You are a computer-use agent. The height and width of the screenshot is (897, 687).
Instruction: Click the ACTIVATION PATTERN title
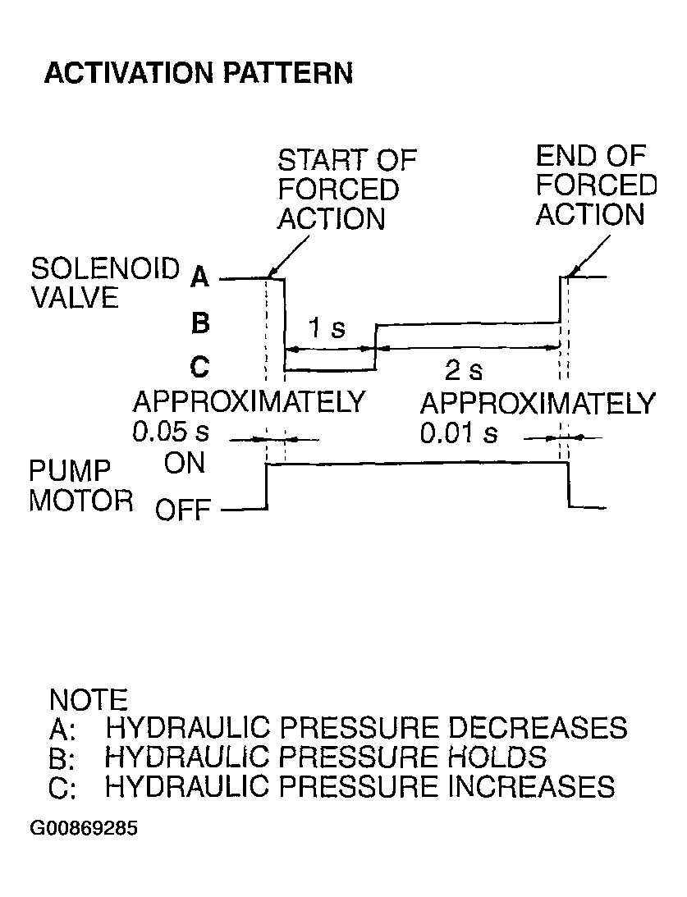tap(199, 73)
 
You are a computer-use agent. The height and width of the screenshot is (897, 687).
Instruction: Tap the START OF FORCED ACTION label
tap(347, 190)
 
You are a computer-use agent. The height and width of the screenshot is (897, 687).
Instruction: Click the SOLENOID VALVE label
tap(105, 282)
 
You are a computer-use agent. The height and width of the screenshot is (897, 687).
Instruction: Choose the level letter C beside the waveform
tap(199, 366)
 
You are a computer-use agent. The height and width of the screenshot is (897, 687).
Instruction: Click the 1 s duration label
tap(327, 327)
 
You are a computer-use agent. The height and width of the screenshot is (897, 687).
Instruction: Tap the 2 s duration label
tap(464, 371)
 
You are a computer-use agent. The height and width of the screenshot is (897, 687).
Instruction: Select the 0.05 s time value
tap(171, 432)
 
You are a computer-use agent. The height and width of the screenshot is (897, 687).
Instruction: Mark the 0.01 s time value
tap(459, 433)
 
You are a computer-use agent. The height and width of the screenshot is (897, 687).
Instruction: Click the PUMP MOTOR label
tap(80, 486)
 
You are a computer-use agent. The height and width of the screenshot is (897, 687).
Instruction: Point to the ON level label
tap(184, 463)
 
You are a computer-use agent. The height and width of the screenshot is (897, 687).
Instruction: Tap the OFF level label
tap(183, 509)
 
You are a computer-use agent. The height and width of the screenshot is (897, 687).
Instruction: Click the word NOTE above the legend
tap(89, 700)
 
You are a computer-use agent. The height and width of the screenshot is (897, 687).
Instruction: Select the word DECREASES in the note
tap(537, 728)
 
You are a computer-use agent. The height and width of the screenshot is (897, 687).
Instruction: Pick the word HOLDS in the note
tap(497, 757)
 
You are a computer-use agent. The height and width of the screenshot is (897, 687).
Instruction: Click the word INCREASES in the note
tap(531, 786)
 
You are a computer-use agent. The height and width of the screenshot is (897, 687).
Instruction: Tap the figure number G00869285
tap(84, 828)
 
